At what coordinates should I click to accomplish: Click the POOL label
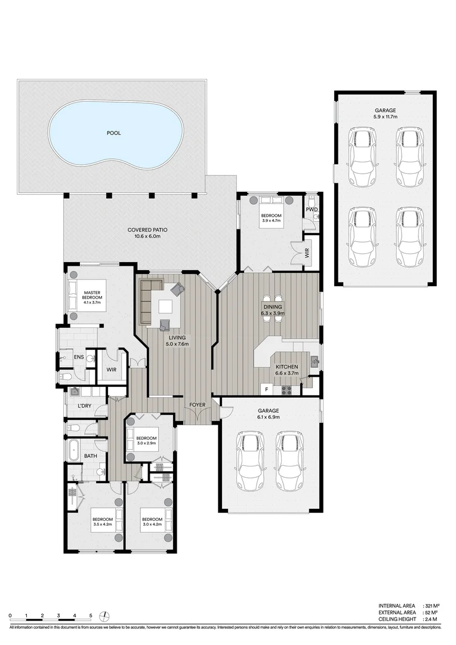coord(113,133)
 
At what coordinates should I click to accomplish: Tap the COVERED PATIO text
coord(147,229)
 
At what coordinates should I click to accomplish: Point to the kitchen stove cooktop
coord(286,391)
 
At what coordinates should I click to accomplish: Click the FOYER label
coord(198,405)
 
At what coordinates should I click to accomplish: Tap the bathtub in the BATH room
coord(73,449)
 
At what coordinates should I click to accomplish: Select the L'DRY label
coord(84,406)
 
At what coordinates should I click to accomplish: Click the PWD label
coord(312,210)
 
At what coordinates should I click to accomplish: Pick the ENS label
coord(78,357)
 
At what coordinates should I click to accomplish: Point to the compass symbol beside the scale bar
coord(105,616)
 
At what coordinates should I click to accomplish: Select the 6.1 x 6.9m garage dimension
coord(269,418)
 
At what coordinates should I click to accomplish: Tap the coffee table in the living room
coord(165,306)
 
